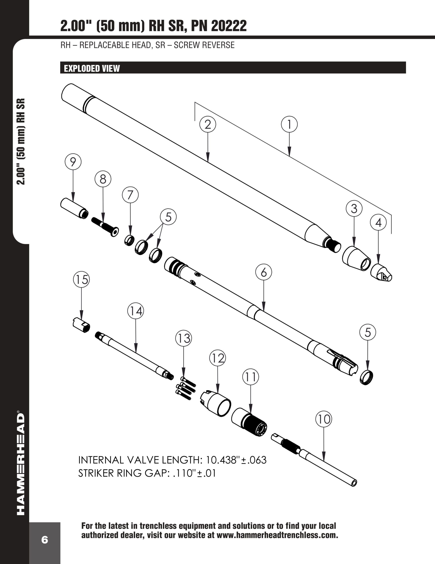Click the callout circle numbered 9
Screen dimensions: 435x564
coord(73,162)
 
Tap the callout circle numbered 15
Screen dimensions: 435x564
coord(82,279)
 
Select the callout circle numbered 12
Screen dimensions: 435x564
coord(217,358)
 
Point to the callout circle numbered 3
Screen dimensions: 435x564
coord(354,208)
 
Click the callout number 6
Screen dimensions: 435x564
coord(263,272)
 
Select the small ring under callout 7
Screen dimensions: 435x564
coord(129,240)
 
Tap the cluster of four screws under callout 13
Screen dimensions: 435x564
coord(186,388)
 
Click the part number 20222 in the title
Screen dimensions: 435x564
coord(229,26)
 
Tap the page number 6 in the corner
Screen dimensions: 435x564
coord(45,540)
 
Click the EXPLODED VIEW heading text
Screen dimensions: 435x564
coord(92,69)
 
